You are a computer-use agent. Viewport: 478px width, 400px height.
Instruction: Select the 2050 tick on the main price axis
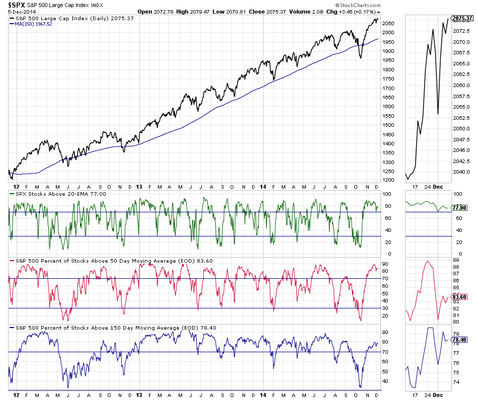pos(387,23)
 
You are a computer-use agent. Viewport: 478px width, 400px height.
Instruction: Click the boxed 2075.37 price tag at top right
pos(462,19)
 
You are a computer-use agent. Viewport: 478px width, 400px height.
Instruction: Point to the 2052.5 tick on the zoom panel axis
pos(461,117)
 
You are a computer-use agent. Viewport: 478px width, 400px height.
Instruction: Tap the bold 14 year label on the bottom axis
pos(263,395)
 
